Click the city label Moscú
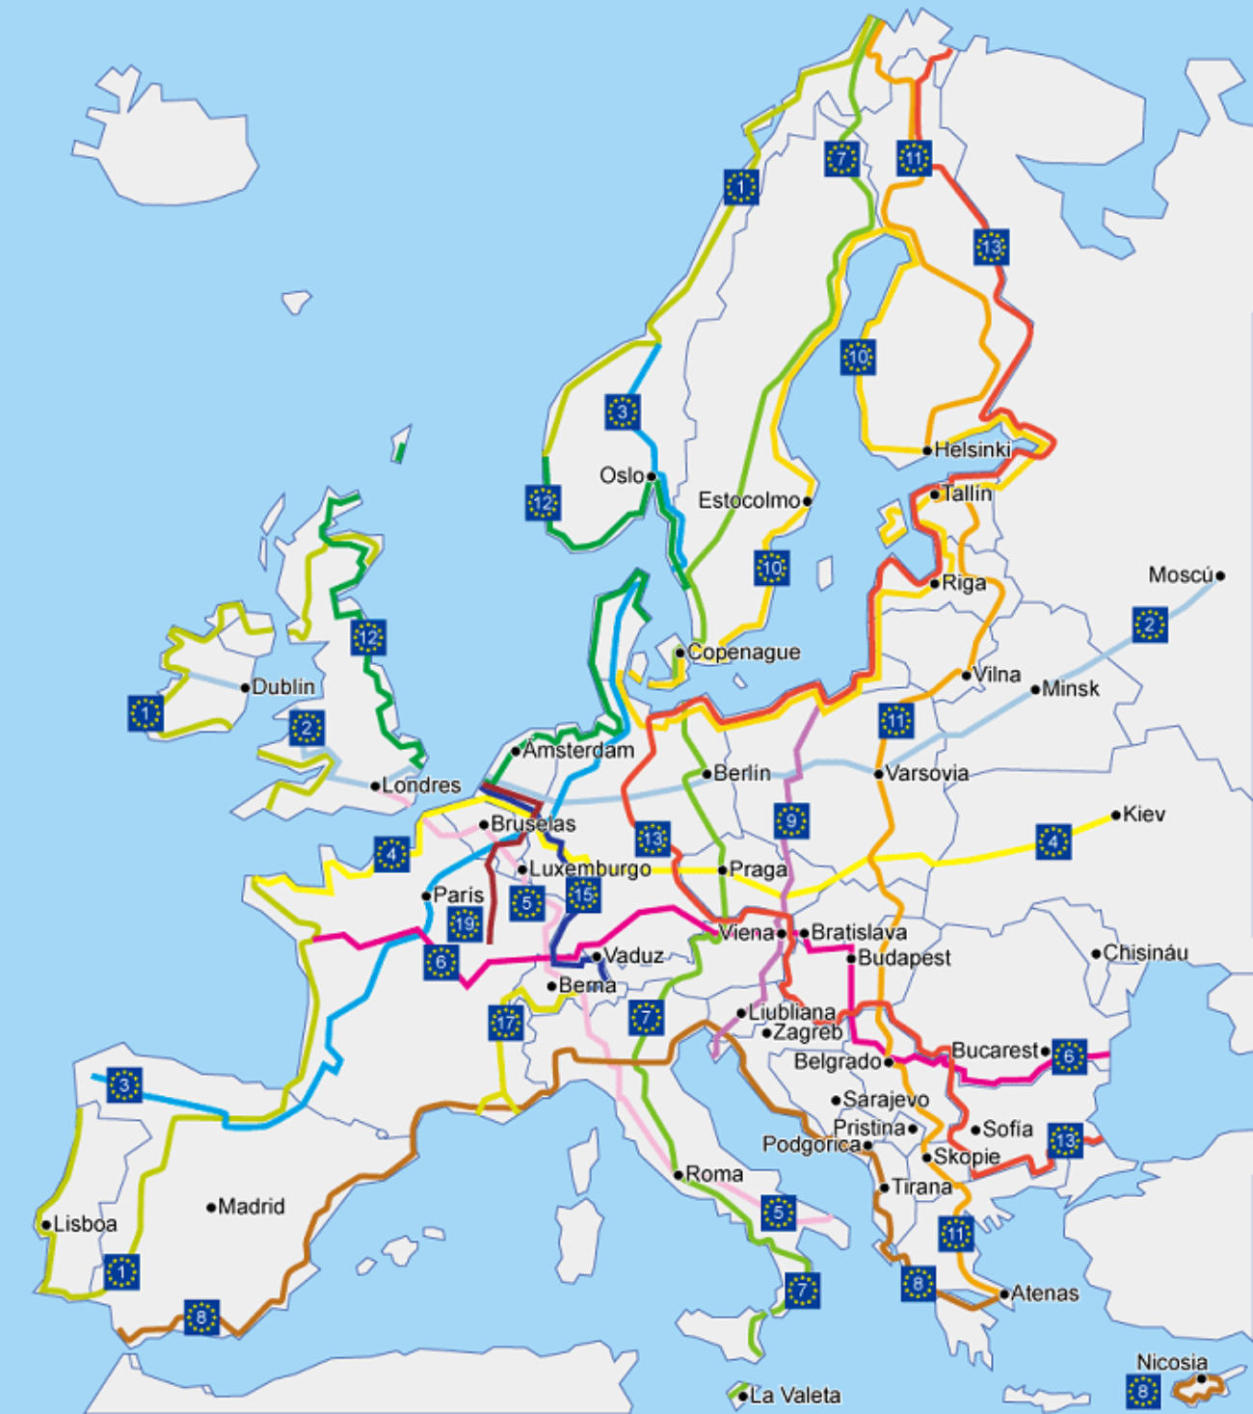point(1180,575)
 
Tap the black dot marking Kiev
point(1116,815)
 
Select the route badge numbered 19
point(465,924)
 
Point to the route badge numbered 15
point(583,895)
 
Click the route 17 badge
point(505,1023)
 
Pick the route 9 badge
point(791,821)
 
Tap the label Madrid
point(252,1207)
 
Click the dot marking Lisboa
point(46,1225)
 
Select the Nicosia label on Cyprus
point(1172,1362)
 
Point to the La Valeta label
point(795,1395)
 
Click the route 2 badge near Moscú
point(1150,625)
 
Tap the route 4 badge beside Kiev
point(1053,841)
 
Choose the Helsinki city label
point(973,449)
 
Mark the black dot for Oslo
point(652,476)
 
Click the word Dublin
point(283,687)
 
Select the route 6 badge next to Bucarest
point(1069,1056)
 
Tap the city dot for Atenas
point(1004,1294)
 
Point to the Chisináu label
point(1145,953)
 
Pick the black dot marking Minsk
point(1035,689)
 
